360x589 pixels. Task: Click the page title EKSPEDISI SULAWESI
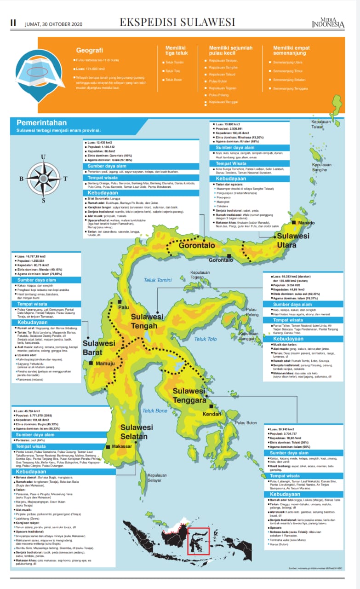177,23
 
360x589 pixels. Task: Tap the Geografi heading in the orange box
89,51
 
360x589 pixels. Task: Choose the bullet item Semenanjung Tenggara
291,88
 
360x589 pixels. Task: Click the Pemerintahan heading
42,123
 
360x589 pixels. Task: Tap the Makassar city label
122,446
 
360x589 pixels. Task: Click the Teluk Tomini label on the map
157,280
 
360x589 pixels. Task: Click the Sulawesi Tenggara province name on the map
189,396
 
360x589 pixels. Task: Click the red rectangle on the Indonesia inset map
199,541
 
